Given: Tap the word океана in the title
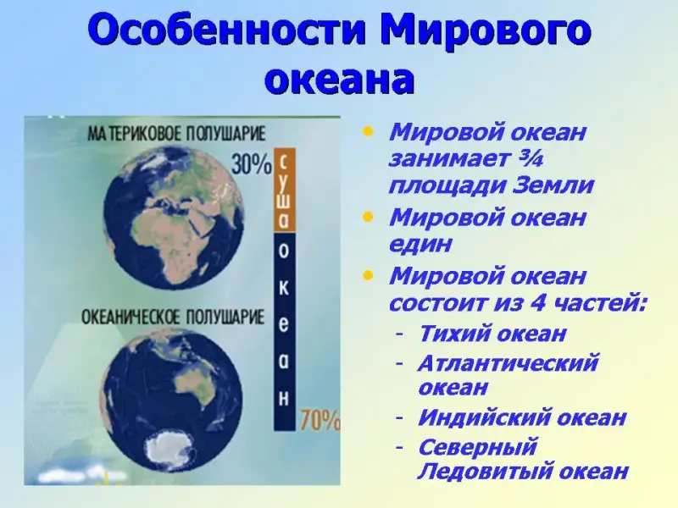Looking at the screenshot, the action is pyautogui.click(x=340, y=80).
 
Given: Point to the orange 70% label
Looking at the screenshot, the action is pyautogui.click(x=320, y=419).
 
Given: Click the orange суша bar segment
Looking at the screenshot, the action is pyautogui.click(x=284, y=190).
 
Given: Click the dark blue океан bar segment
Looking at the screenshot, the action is pyautogui.click(x=284, y=331).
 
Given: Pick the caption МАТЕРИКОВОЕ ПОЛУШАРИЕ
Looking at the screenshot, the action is pyautogui.click(x=176, y=134).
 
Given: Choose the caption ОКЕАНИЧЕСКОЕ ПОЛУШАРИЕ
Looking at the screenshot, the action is pyautogui.click(x=173, y=317).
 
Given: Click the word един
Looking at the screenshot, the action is pyautogui.click(x=420, y=245).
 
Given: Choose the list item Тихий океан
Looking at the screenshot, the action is pyautogui.click(x=492, y=334).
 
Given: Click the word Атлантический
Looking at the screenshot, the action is pyautogui.click(x=508, y=363).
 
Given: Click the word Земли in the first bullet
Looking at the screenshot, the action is pyautogui.click(x=553, y=185).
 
